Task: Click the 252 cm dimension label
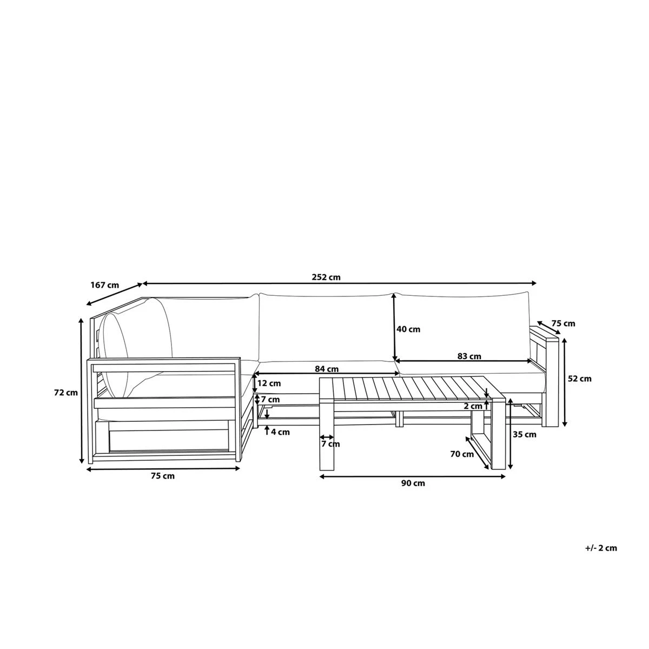326,277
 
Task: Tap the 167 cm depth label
104,285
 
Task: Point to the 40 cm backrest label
408,329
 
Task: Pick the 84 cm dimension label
326,369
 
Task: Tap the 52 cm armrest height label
580,379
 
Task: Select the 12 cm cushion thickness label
269,383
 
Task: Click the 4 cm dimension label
280,432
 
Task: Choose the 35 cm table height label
524,434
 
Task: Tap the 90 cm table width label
413,483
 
